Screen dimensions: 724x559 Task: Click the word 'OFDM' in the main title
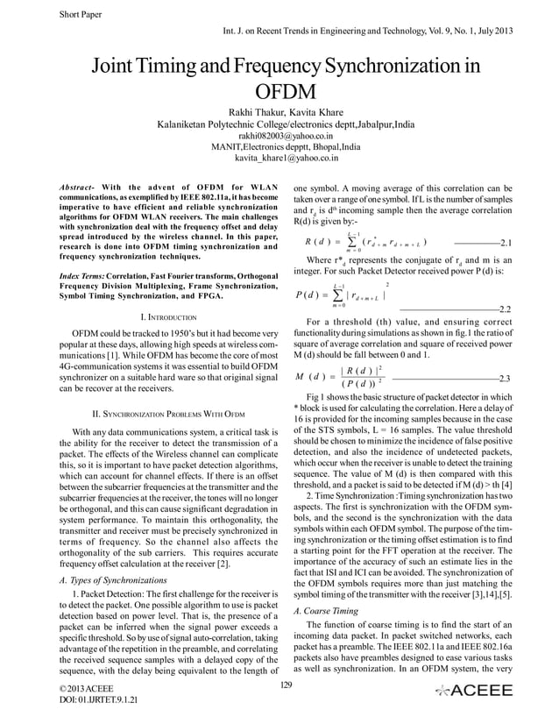[x=279, y=93]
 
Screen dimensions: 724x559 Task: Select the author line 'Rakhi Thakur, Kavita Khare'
[x=279, y=112]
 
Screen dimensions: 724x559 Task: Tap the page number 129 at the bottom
[x=279, y=684]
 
